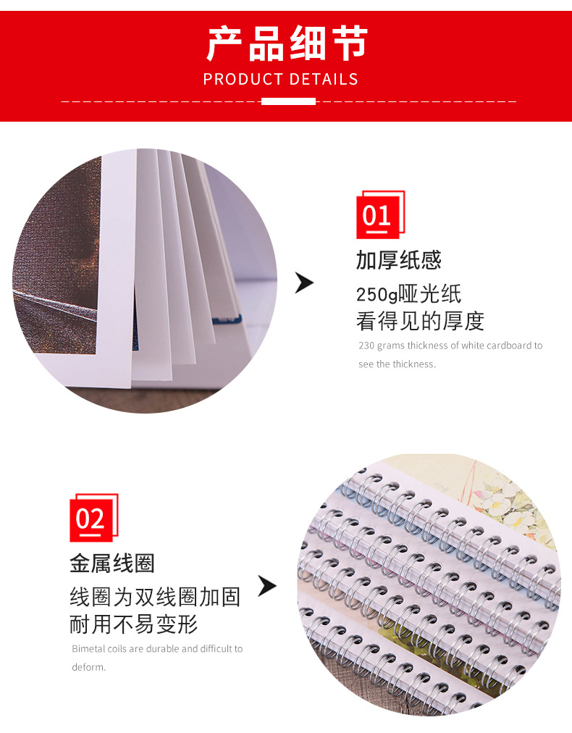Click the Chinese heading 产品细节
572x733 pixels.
(287, 43)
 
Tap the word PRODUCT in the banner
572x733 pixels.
(243, 79)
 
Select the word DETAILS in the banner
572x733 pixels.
(324, 79)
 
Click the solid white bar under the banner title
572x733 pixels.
(288, 101)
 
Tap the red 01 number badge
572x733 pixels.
(380, 215)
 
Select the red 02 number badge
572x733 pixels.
(94, 518)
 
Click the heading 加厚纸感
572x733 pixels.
(399, 260)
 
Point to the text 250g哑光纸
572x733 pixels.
(408, 295)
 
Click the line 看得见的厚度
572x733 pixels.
(420, 321)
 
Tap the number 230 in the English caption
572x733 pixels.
(366, 345)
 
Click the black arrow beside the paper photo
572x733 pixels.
(304, 282)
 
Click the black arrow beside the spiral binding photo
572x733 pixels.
(267, 586)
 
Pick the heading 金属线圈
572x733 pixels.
(112, 564)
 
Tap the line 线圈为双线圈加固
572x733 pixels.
(155, 598)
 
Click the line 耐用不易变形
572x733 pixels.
(134, 624)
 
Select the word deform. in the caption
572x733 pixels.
(89, 667)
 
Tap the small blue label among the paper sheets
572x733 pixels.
(227, 319)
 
